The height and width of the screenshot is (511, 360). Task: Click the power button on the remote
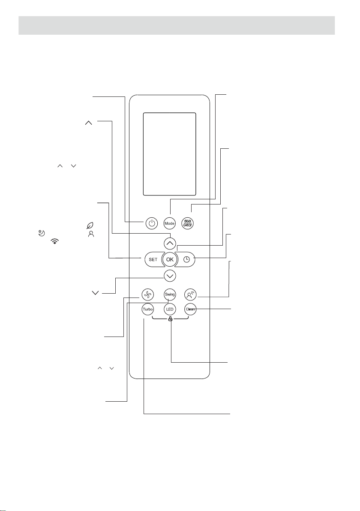(x=151, y=223)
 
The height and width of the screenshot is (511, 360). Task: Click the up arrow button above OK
(x=170, y=243)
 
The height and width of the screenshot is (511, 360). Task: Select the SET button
(x=153, y=259)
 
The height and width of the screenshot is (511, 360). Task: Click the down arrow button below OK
(x=170, y=276)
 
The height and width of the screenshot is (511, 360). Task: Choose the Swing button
(x=170, y=294)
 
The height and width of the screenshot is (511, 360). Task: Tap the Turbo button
(x=147, y=309)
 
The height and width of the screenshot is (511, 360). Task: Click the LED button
(x=170, y=309)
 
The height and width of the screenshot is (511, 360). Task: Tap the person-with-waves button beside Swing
(x=190, y=294)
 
